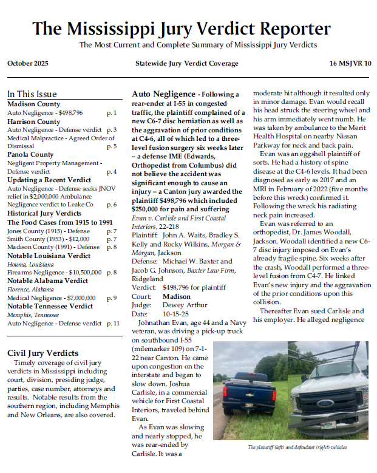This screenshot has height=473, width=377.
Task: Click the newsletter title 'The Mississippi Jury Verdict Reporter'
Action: [x=182, y=29]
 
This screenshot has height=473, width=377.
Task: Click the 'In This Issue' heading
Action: [x=32, y=94]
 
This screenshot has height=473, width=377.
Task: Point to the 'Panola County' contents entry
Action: [x=30, y=155]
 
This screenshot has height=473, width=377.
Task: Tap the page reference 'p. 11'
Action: [x=112, y=324]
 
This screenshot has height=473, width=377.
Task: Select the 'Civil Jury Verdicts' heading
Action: [x=42, y=353]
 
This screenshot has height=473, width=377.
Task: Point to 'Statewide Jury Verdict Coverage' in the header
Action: [x=187, y=64]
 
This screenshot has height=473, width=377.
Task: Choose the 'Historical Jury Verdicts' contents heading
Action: [x=44, y=214]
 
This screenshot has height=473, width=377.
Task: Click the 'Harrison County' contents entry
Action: [x=33, y=121]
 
